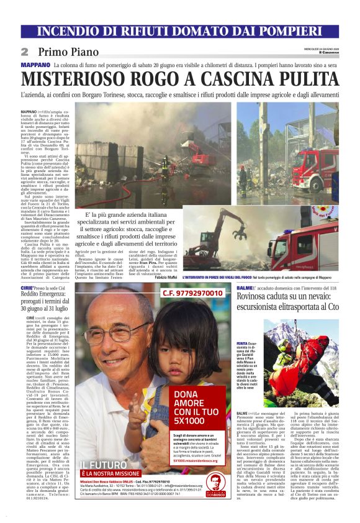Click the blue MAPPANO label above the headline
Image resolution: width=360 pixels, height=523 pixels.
click(35, 65)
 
